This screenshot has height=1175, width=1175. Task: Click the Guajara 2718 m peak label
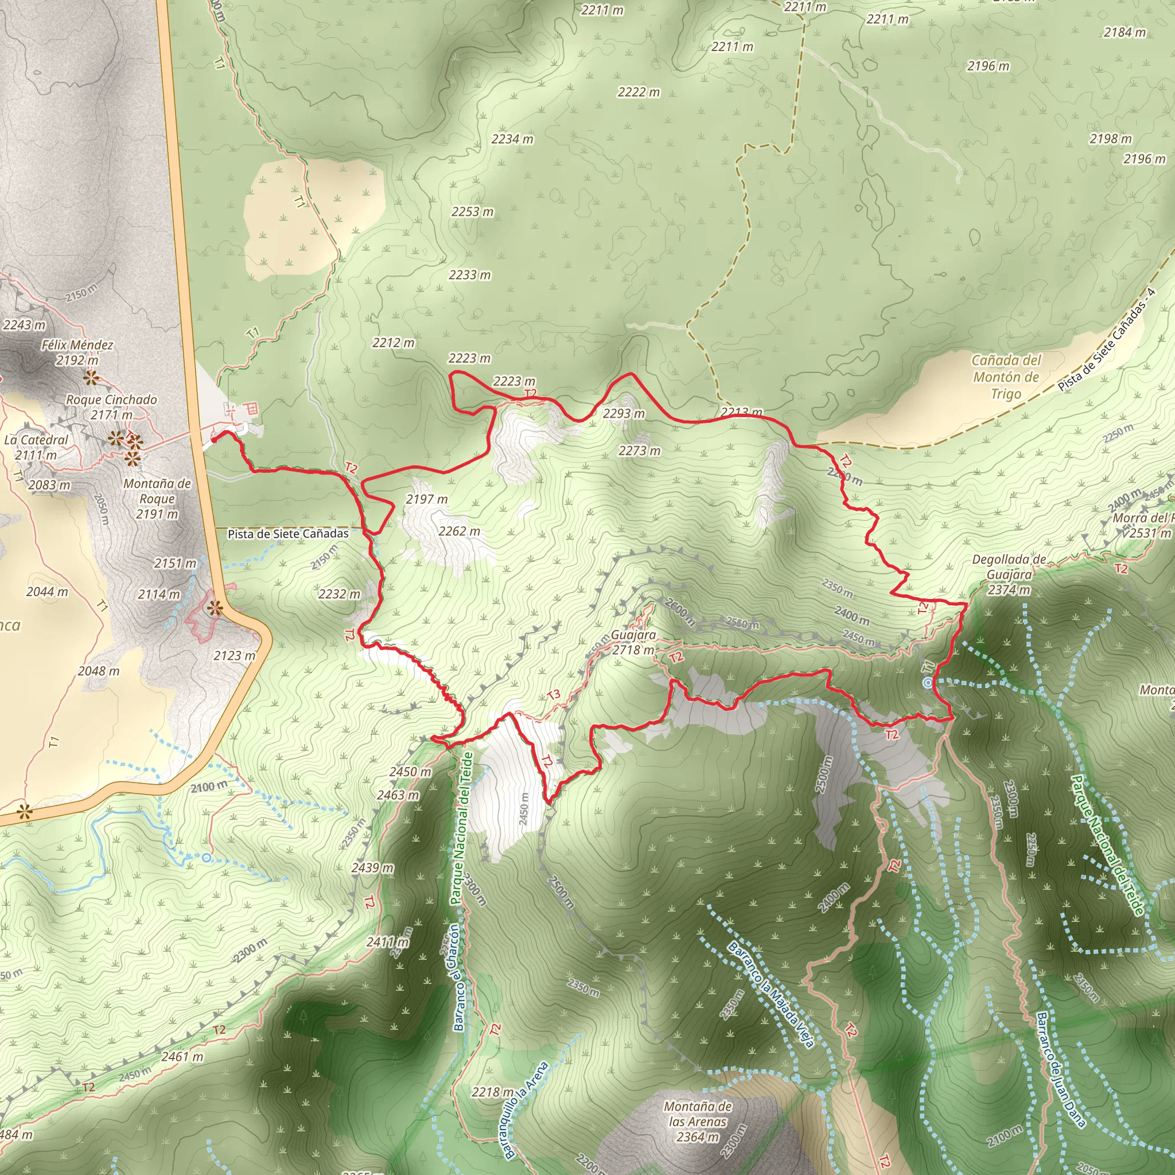click(x=633, y=642)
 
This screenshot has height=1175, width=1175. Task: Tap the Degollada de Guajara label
click(x=1009, y=575)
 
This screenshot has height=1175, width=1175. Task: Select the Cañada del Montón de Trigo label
click(x=1006, y=377)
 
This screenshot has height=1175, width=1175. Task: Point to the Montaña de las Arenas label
click(x=698, y=1122)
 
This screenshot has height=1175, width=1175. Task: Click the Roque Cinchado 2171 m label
click(x=111, y=407)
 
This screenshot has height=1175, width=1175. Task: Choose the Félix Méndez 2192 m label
click(x=77, y=352)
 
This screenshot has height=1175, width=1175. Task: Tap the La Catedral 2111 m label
click(x=36, y=447)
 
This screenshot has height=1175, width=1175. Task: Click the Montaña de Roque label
click(x=157, y=499)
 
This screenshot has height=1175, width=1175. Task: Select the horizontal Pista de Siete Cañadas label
click(x=288, y=534)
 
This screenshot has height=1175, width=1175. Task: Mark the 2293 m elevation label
click(x=624, y=414)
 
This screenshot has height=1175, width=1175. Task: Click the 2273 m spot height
click(x=639, y=450)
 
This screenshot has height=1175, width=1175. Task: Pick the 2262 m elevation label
click(x=459, y=531)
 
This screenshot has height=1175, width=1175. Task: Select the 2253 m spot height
click(x=473, y=212)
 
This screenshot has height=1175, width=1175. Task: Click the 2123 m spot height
click(x=235, y=656)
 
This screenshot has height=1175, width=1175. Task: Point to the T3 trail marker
click(x=554, y=695)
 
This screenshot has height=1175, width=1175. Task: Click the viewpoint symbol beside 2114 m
click(x=215, y=608)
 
